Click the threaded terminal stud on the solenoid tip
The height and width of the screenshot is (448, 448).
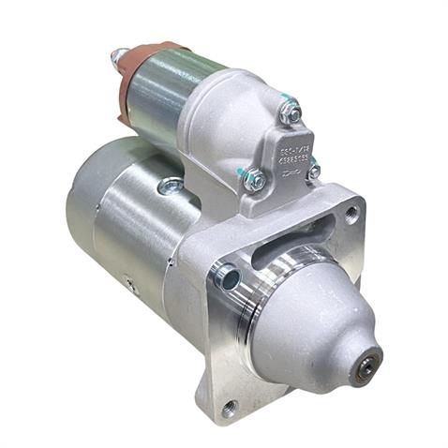117,57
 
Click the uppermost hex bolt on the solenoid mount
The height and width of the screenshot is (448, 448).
291,112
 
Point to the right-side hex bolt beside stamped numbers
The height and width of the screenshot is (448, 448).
313,171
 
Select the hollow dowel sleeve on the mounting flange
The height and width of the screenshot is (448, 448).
226,277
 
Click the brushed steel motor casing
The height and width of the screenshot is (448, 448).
141,234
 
